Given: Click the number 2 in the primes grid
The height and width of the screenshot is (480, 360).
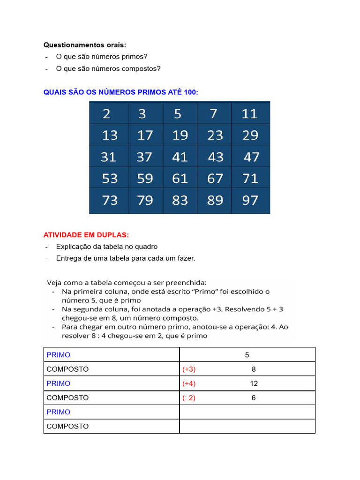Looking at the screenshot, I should tap(107, 114).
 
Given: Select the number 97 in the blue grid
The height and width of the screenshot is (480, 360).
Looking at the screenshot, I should tap(250, 201).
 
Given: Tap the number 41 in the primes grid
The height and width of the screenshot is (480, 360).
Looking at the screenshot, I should tap(180, 157).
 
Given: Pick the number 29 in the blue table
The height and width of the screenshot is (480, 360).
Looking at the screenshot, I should tap(250, 135).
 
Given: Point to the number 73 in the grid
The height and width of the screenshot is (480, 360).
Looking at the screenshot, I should tap(110, 201).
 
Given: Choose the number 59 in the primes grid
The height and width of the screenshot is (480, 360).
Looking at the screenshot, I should tap(145, 179).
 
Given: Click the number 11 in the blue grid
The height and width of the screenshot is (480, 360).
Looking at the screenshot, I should tap(250, 114).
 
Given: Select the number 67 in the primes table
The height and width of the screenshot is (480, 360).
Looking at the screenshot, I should tap(215, 179).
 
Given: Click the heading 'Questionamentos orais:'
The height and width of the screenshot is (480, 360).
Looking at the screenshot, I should tap(85, 45).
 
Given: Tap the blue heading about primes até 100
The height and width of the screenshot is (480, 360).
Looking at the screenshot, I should tap(121, 92).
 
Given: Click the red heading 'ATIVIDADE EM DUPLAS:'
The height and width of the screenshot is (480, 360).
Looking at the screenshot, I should tap(86, 234).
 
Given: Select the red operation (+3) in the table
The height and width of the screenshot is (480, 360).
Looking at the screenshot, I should tap(189, 369).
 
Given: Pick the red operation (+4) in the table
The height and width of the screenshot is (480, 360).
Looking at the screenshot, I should tap(189, 383).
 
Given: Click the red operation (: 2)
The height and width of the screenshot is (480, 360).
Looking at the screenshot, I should tap(189, 397).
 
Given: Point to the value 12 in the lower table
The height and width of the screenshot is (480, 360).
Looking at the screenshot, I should tap(254, 383).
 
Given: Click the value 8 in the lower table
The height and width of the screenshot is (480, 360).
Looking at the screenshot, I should tap(254, 369).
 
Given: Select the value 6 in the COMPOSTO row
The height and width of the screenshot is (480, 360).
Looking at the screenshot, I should tap(254, 397).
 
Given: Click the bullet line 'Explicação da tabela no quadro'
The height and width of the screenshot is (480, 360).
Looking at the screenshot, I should tap(106, 247).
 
